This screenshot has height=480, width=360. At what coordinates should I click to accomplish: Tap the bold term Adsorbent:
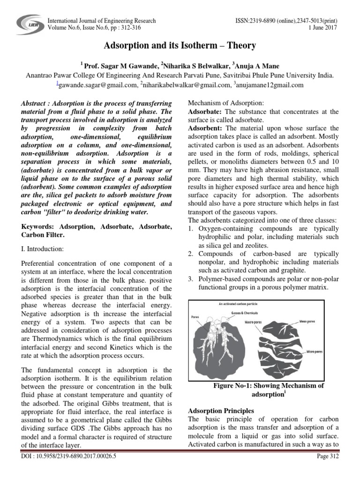click(205, 128)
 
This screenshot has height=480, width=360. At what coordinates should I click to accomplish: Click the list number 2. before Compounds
click(191, 254)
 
